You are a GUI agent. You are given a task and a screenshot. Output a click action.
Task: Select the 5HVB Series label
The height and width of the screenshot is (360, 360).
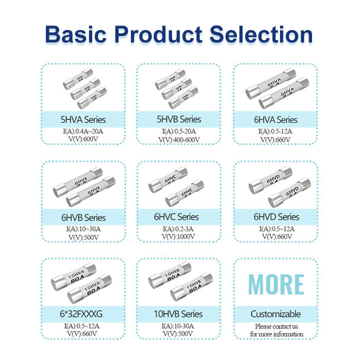tap(179, 119)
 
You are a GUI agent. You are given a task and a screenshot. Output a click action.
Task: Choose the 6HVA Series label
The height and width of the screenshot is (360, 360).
tap(276, 120)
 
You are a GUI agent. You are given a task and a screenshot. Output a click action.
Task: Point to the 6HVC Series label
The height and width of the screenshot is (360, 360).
tap(179, 217)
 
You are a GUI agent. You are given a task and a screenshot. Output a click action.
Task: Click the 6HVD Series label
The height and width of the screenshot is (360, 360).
tap(276, 217)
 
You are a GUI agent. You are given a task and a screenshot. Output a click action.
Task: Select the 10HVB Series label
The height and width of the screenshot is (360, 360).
tap(179, 314)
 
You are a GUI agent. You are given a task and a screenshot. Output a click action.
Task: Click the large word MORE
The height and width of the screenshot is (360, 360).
tap(276, 284)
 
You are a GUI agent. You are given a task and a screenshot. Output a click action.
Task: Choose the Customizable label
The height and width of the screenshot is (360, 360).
tap(276, 314)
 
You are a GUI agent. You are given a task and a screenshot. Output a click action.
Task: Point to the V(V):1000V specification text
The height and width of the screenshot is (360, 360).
tap(179, 236)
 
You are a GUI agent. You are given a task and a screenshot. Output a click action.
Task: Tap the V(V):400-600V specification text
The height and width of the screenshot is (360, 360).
tap(179, 139)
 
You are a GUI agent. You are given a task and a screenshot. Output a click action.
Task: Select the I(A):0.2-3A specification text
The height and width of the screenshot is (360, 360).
tap(179, 228)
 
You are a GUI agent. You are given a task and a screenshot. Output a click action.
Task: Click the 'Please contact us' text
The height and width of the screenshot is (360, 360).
tap(276, 326)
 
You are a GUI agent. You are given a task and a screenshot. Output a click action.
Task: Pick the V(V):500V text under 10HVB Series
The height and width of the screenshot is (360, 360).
tap(179, 333)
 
